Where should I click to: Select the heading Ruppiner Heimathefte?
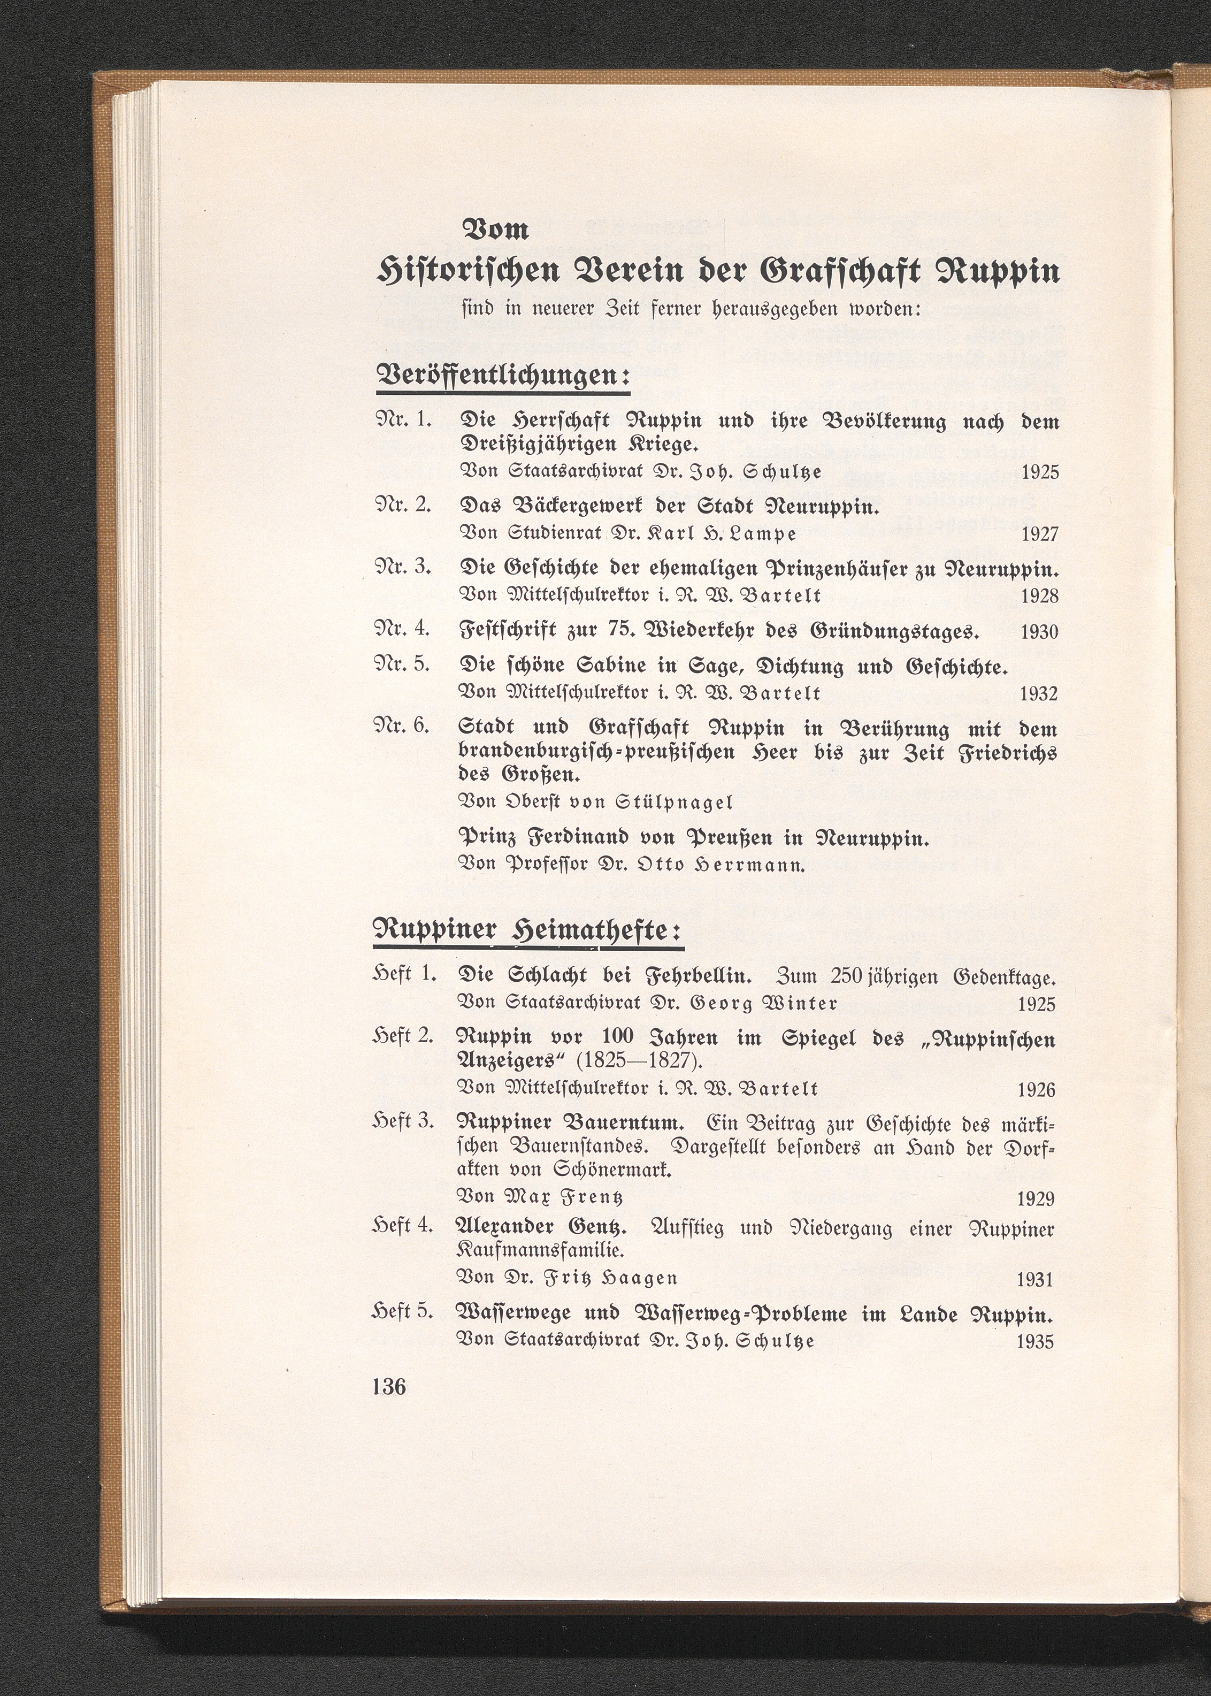coord(528,933)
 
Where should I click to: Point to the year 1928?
coord(1039,596)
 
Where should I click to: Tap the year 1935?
coord(1036,1342)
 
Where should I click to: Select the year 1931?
coord(1036,1280)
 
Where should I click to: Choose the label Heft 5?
coord(403,1311)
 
